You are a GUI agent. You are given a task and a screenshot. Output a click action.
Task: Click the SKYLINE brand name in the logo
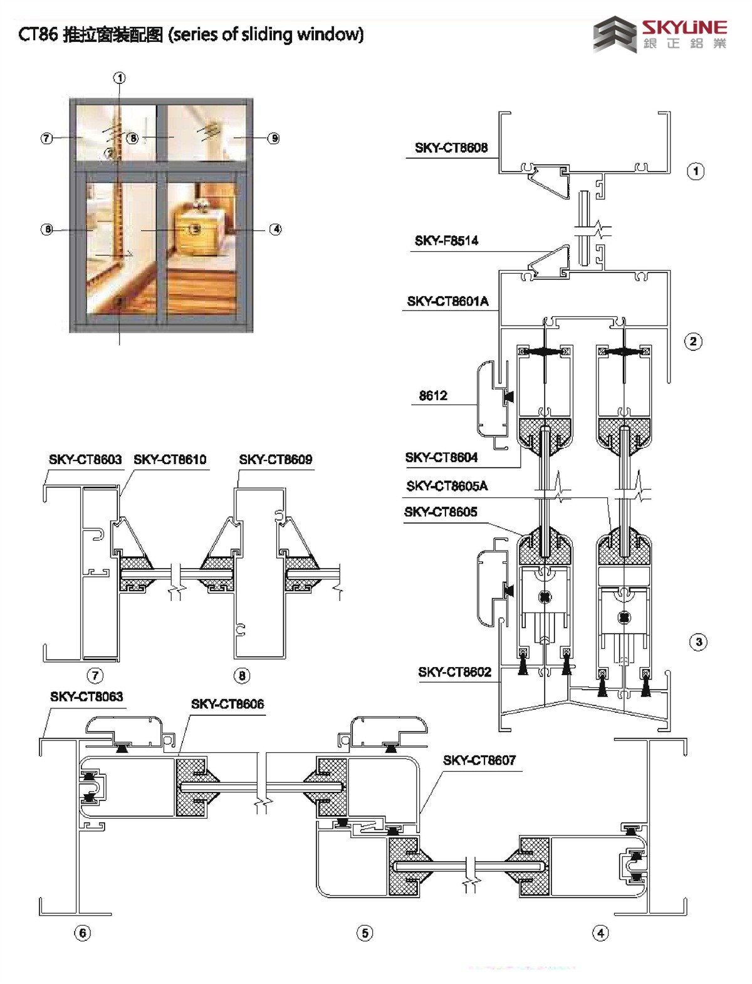pyautogui.click(x=684, y=28)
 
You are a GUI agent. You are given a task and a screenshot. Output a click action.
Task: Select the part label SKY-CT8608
pyautogui.click(x=451, y=148)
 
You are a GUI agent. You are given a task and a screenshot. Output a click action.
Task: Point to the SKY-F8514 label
pyautogui.click(x=446, y=241)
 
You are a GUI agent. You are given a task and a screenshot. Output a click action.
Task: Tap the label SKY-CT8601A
pyautogui.click(x=447, y=301)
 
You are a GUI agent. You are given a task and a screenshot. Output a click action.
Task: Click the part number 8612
pyautogui.click(x=433, y=395)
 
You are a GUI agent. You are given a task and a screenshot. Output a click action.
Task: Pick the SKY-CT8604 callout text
pyautogui.click(x=441, y=457)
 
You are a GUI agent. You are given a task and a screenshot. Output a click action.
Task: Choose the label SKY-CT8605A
pyautogui.click(x=447, y=485)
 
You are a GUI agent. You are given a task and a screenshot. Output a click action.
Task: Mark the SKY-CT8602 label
pyautogui.click(x=454, y=672)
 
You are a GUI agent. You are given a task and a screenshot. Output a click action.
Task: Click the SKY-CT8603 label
pyautogui.click(x=85, y=459)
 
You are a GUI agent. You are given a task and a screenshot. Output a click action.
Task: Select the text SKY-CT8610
pyautogui.click(x=170, y=459)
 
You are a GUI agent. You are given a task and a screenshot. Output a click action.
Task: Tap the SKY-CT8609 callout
pyautogui.click(x=275, y=459)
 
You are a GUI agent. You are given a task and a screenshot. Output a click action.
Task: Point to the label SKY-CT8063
pyautogui.click(x=86, y=697)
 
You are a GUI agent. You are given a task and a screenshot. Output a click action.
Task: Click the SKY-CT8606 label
pyautogui.click(x=227, y=704)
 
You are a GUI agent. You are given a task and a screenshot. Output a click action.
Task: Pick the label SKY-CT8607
pyautogui.click(x=479, y=760)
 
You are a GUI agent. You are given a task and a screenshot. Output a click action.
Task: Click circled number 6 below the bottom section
pyautogui.click(x=83, y=933)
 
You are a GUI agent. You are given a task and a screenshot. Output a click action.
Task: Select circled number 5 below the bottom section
pyautogui.click(x=365, y=933)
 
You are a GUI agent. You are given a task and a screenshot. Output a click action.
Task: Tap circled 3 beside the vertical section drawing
pyautogui.click(x=698, y=642)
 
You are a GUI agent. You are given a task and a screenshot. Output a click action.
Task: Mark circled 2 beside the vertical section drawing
pyautogui.click(x=693, y=341)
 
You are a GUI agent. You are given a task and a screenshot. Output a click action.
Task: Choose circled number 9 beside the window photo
pyautogui.click(x=273, y=138)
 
